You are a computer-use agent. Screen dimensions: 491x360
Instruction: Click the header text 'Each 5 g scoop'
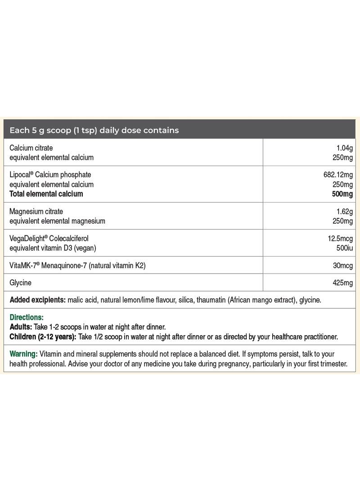point(38,131)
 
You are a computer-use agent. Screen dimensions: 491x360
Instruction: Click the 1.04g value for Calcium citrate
point(343,148)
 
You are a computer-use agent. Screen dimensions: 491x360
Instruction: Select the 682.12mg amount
point(335,175)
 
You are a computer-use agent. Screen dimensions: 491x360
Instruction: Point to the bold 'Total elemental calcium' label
point(46,194)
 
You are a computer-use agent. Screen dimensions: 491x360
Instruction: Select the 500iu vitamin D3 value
point(343,248)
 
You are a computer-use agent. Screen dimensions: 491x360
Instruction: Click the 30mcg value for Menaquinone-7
point(342,266)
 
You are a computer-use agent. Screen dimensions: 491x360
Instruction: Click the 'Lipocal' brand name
point(21,175)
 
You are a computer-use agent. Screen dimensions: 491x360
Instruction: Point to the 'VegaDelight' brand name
point(28,238)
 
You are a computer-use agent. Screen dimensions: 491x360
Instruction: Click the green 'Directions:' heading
point(27,317)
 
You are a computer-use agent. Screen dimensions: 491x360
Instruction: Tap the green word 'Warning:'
point(23,354)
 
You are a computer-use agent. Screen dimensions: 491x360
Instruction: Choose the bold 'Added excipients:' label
point(37,300)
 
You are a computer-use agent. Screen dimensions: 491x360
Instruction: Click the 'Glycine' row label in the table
point(21,283)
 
